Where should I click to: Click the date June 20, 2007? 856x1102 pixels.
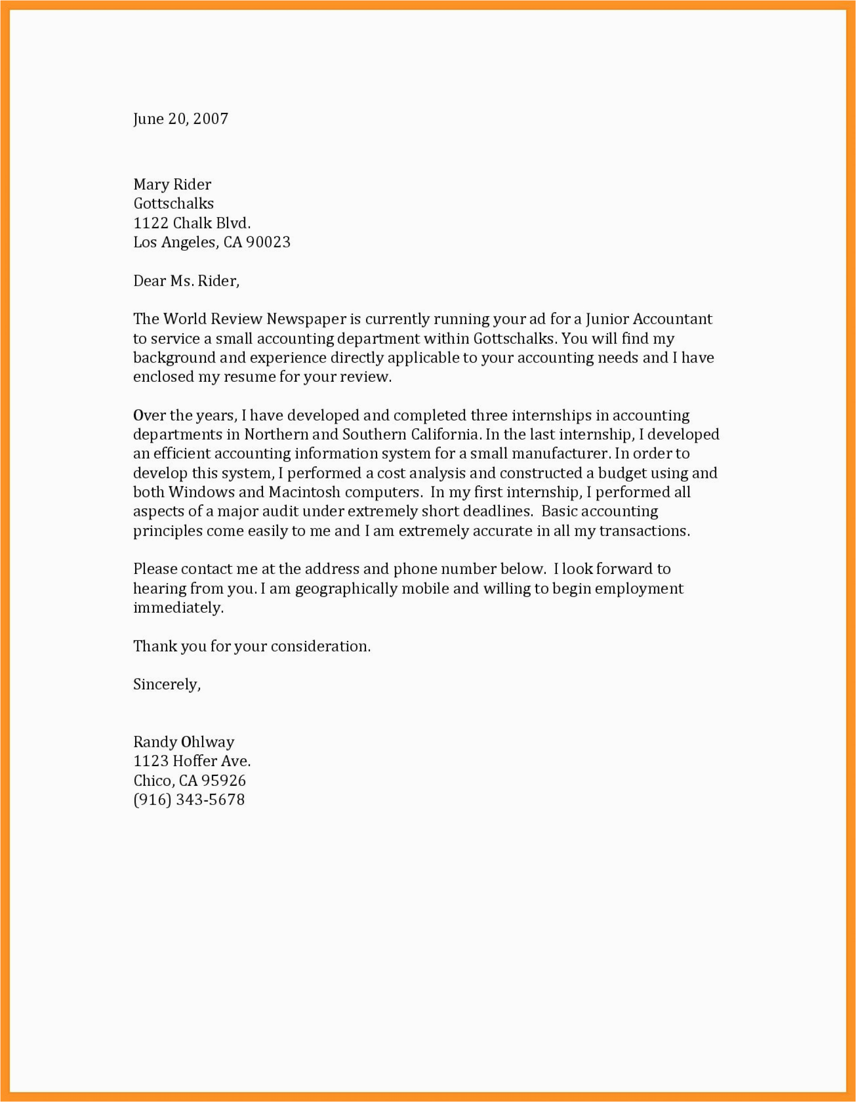click(x=181, y=119)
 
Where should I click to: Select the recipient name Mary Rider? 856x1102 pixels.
click(x=172, y=184)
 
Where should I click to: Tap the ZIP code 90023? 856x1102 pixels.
click(x=268, y=242)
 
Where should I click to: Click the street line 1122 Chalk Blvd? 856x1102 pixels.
click(x=192, y=223)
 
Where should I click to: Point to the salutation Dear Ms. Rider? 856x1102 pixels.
click(x=185, y=281)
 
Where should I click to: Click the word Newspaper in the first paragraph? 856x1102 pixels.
click(x=306, y=319)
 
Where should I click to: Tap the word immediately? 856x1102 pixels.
click(x=177, y=608)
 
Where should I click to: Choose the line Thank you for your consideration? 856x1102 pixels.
click(x=252, y=646)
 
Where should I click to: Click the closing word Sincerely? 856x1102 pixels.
click(x=166, y=685)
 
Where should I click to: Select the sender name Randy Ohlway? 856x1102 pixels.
click(x=184, y=742)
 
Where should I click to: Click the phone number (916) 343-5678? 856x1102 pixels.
click(x=189, y=800)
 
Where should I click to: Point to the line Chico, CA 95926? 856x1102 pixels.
click(x=189, y=780)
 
